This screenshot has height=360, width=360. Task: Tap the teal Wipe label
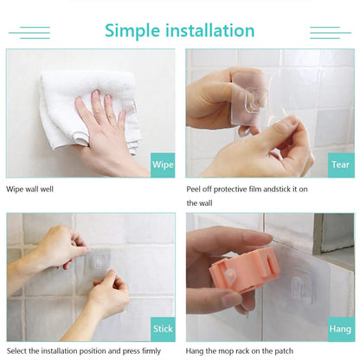click(x=163, y=164)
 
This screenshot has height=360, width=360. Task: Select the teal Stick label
click(x=163, y=330)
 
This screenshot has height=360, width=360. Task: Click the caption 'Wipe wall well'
click(x=33, y=188)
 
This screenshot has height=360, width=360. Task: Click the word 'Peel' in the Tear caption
click(x=196, y=188)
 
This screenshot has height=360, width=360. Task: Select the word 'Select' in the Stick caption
click(x=18, y=350)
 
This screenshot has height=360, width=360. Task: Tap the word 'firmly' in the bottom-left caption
click(x=148, y=350)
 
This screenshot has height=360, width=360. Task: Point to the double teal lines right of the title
click(x=331, y=33)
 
